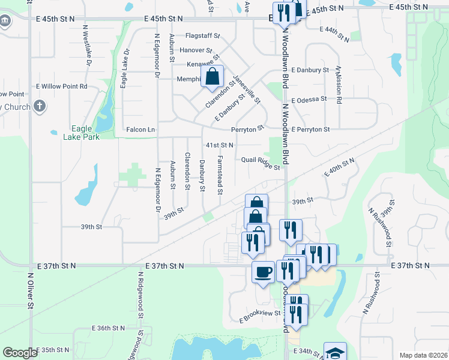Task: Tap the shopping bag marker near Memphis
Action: [x=212, y=77]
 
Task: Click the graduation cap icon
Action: [x=335, y=353]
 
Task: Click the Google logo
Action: [x=20, y=353]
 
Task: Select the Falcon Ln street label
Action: [x=140, y=130]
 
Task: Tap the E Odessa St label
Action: [x=309, y=99]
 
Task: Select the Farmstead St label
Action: [x=220, y=175]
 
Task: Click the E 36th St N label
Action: [x=109, y=328]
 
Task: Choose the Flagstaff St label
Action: [x=203, y=36]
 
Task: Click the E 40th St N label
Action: [x=340, y=166]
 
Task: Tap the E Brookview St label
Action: [x=261, y=313]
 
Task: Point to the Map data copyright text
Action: [x=423, y=355]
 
